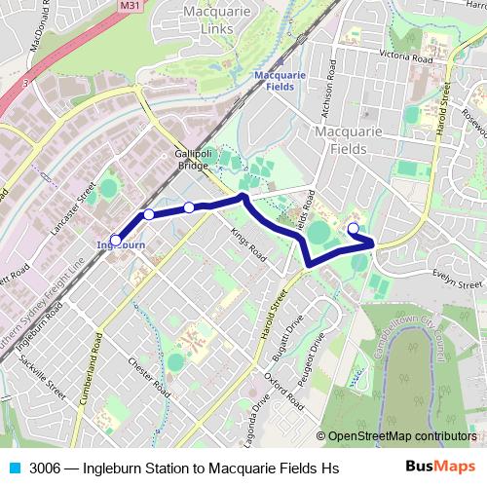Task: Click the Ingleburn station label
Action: (121, 245)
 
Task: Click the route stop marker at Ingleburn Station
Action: (115, 239)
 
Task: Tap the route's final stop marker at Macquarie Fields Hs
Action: (353, 229)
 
